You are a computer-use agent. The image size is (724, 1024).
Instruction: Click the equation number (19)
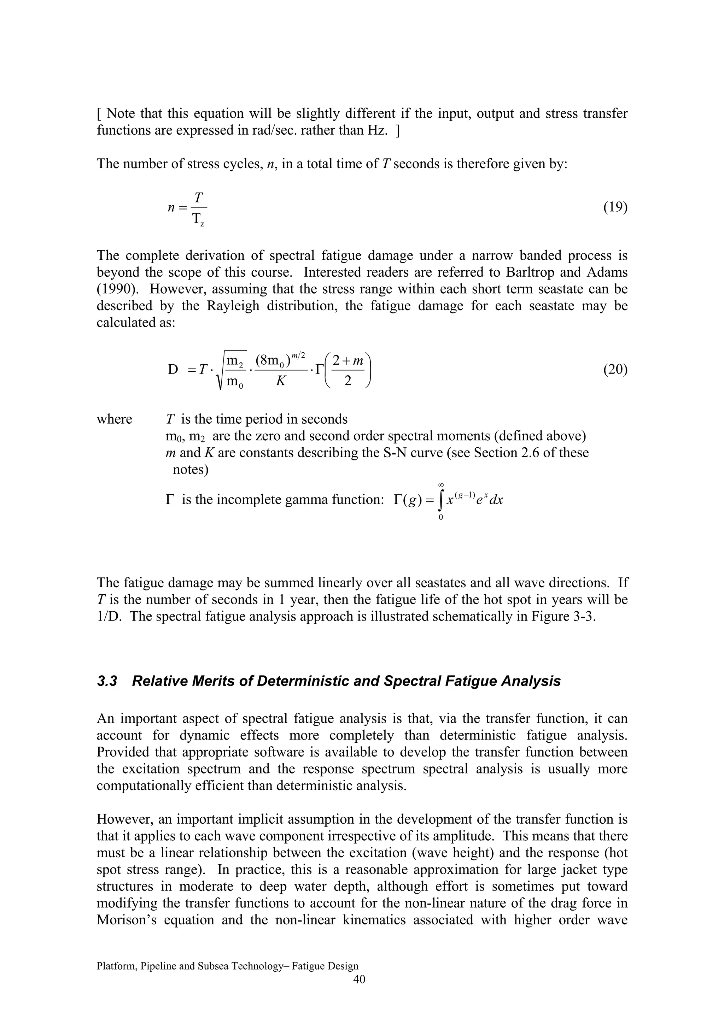pos(615,207)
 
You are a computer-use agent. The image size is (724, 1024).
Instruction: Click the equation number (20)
pos(615,369)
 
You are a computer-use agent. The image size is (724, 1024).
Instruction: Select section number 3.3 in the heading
pos(107,681)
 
